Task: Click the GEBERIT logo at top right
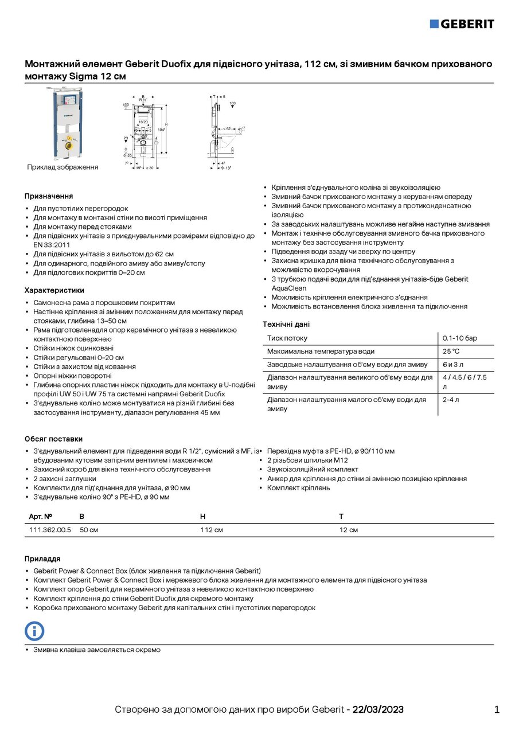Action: click(x=462, y=24)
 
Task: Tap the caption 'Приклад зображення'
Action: click(x=63, y=167)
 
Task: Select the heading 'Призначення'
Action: click(x=49, y=196)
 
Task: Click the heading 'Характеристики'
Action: click(x=54, y=290)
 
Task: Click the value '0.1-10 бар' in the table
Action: click(x=460, y=338)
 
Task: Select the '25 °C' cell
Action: click(x=451, y=352)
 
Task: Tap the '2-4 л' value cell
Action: click(x=451, y=399)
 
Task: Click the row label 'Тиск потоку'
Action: click(x=287, y=338)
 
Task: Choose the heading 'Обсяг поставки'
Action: click(x=53, y=439)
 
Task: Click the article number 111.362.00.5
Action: click(x=50, y=530)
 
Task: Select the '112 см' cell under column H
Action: click(x=212, y=530)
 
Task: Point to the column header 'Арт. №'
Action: click(x=41, y=517)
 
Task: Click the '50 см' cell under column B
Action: click(x=89, y=530)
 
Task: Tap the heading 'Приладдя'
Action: click(x=42, y=559)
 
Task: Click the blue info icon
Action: click(x=34, y=631)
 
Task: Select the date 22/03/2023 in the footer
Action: click(x=378, y=710)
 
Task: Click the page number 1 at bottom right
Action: click(x=497, y=710)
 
